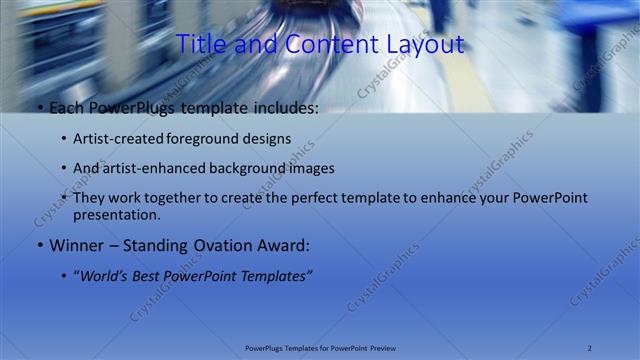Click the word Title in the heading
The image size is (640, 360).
[x=200, y=45]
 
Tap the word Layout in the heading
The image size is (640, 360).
[x=425, y=45]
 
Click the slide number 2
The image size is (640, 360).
[x=590, y=347]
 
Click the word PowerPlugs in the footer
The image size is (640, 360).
[x=265, y=347]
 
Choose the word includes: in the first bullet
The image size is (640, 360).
[x=284, y=107]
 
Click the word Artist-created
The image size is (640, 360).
[x=120, y=138]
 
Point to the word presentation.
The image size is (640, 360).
[x=118, y=215]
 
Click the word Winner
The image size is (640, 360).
[x=75, y=245]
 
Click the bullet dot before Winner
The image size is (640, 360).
[x=39, y=245]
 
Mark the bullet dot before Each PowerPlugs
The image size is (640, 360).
[x=39, y=107]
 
